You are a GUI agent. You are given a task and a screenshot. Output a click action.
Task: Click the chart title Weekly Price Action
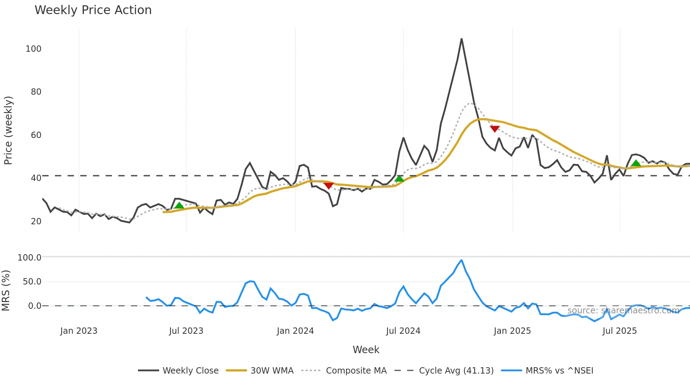tap(93, 10)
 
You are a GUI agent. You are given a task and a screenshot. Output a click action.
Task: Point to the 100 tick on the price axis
tap(33, 49)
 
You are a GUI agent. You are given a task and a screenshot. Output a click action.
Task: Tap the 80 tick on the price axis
tap(36, 92)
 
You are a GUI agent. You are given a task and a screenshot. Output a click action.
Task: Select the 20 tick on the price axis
tap(36, 221)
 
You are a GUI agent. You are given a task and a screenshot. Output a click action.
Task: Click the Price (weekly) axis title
tap(8, 130)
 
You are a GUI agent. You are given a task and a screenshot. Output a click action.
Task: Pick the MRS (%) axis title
tap(6, 290)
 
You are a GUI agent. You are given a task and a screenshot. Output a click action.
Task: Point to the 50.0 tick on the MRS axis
tap(32, 282)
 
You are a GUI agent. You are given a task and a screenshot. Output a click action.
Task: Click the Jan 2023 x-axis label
tap(79, 331)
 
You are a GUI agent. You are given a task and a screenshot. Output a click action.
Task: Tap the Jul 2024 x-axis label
tap(403, 331)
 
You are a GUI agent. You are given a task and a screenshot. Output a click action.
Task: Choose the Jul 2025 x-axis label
tap(620, 331)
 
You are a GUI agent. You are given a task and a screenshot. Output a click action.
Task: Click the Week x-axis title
tap(366, 350)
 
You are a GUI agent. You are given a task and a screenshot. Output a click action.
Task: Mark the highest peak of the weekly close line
tap(461, 39)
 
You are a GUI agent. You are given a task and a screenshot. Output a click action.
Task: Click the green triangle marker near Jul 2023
tap(179, 206)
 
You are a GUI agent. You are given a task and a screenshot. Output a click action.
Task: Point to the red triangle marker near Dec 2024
tap(495, 129)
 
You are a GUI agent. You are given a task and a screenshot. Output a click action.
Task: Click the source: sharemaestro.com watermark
tap(623, 311)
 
